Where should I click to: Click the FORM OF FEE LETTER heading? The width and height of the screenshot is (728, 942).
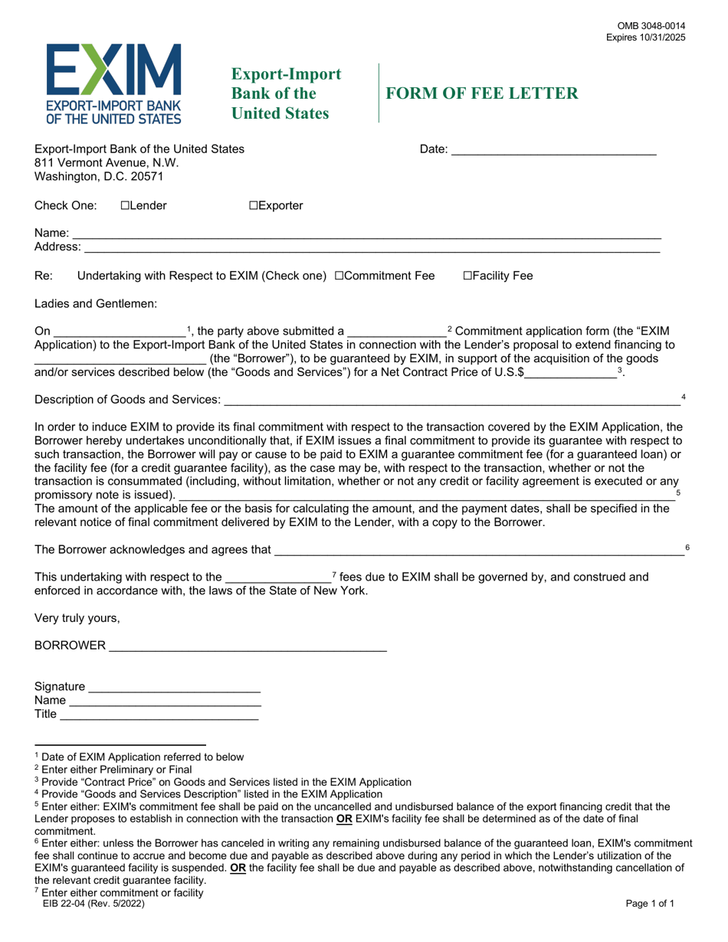(482, 93)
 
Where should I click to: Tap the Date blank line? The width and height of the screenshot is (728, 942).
(553, 151)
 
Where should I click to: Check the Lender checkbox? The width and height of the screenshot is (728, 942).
(125, 205)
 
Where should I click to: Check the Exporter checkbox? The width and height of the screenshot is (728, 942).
(253, 205)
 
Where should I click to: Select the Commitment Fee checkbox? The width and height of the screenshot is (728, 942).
(339, 276)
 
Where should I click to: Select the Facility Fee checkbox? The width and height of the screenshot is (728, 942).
(467, 276)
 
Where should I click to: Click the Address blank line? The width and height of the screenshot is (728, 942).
(372, 248)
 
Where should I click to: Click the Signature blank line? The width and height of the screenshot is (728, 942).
(175, 687)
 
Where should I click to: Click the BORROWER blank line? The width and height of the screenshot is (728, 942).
(248, 646)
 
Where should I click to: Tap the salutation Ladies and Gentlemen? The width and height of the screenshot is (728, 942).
(96, 303)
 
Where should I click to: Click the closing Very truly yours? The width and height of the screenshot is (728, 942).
(77, 617)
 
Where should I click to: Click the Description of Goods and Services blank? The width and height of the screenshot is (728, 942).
(451, 401)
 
